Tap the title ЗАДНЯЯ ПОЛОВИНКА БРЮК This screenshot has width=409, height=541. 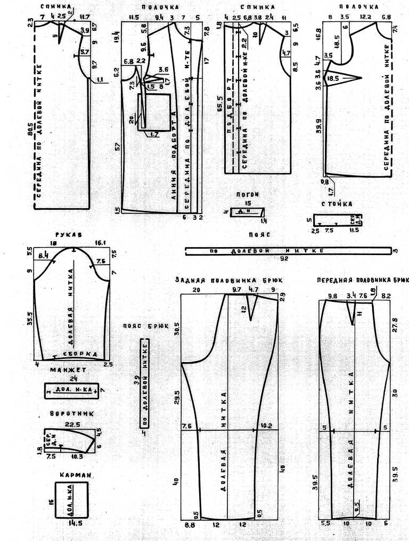230,280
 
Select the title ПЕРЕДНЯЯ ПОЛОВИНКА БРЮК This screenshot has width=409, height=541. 362,280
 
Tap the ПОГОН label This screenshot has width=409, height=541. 247,195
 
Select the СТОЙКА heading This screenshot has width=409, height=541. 337,204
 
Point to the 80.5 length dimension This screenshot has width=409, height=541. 30,139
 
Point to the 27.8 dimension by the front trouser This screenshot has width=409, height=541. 395,326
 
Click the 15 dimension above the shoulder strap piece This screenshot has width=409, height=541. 248,203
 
